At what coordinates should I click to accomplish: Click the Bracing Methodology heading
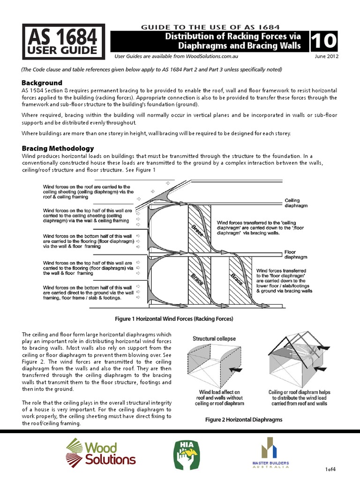click(58, 149)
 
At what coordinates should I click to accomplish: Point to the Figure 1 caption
click(174, 319)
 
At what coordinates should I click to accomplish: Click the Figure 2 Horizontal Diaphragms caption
click(244, 420)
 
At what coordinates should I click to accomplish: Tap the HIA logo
click(187, 454)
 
